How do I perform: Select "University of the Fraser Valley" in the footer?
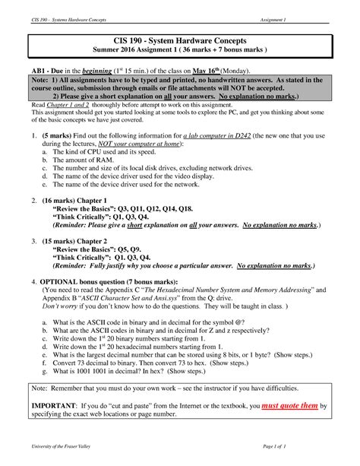point(59,454)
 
